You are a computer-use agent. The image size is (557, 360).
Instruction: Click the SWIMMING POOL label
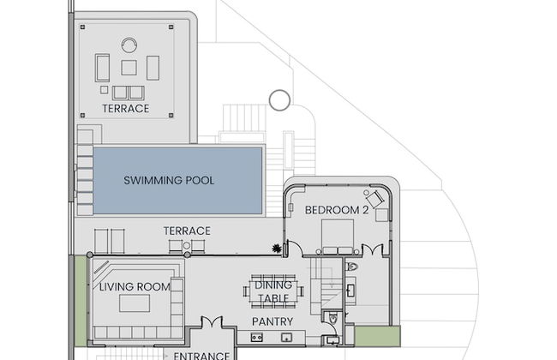pyautogui.click(x=169, y=180)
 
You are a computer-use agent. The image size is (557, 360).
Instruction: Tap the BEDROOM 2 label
pyautogui.click(x=337, y=210)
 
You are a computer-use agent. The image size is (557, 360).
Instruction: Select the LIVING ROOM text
pyautogui.click(x=135, y=287)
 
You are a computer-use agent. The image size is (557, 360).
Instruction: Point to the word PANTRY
pyautogui.click(x=273, y=321)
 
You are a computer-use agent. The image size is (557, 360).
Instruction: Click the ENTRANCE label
pyautogui.click(x=201, y=356)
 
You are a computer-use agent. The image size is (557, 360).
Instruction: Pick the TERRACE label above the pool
pyautogui.click(x=126, y=108)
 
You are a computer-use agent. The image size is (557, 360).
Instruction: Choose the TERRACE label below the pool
pyautogui.click(x=187, y=231)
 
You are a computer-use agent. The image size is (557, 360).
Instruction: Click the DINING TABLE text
pyautogui.click(x=273, y=291)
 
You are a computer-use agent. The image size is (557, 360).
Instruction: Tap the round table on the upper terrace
pyautogui.click(x=129, y=45)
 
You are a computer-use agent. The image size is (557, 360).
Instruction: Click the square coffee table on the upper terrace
pyautogui.click(x=129, y=68)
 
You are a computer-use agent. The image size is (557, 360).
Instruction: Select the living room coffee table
pyautogui.click(x=135, y=303)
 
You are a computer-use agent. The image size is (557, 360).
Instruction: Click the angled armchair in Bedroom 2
pyautogui.click(x=374, y=200)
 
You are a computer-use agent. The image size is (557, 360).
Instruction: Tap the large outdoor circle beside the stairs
pyautogui.click(x=280, y=100)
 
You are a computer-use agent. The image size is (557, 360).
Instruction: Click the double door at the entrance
pyautogui.click(x=212, y=322)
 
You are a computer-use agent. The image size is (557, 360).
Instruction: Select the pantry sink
pyautogui.click(x=286, y=337)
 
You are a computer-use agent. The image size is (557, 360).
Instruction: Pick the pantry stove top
pyautogui.click(x=257, y=337)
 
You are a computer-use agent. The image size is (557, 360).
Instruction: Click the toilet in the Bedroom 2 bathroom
pyautogui.click(x=352, y=267)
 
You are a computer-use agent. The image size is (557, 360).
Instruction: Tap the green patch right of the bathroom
pyautogui.click(x=378, y=336)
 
